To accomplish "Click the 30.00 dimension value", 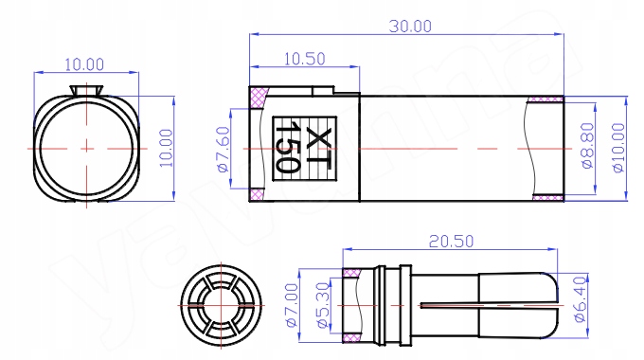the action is [x=410, y=27].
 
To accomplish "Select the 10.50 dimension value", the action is [x=305, y=59].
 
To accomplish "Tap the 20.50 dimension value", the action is [x=451, y=242].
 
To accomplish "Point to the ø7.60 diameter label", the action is [x=223, y=149].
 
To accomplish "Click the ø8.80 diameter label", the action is [x=588, y=146].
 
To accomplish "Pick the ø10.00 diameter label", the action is [x=618, y=148].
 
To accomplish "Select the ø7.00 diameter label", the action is [x=291, y=305].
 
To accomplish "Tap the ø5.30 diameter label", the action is [x=323, y=305].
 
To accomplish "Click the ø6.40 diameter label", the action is [x=580, y=299].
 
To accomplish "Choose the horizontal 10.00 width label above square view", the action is [x=84, y=64].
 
